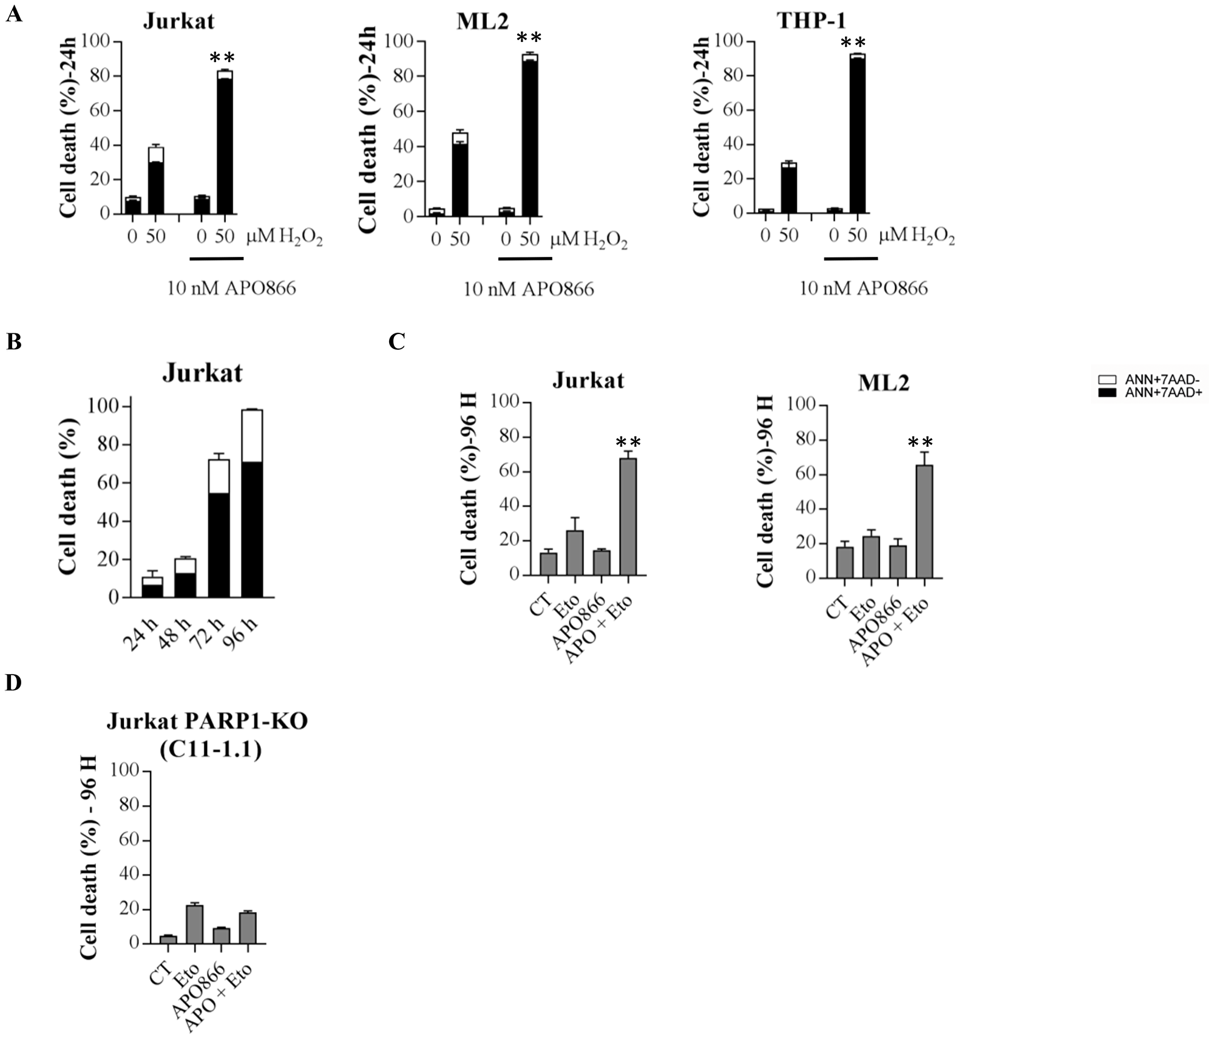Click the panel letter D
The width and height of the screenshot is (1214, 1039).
point(13,683)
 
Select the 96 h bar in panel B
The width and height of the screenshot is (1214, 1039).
point(252,504)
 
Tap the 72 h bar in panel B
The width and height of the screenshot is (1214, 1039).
point(219,528)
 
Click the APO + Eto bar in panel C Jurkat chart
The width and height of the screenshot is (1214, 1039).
point(628,516)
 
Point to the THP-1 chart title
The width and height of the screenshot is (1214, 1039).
point(811,21)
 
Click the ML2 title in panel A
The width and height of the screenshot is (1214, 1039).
point(483,21)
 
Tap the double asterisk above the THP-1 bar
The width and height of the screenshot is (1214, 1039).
point(852,43)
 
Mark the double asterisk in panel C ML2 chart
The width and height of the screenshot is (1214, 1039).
point(920,443)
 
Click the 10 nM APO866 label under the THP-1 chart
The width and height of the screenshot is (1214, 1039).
point(863,288)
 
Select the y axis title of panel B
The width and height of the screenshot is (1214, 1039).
point(68,496)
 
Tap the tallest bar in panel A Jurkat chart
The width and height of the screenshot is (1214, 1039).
point(225,142)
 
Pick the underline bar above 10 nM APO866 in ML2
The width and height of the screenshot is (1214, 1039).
point(525,259)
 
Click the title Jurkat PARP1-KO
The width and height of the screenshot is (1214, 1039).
point(208,721)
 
